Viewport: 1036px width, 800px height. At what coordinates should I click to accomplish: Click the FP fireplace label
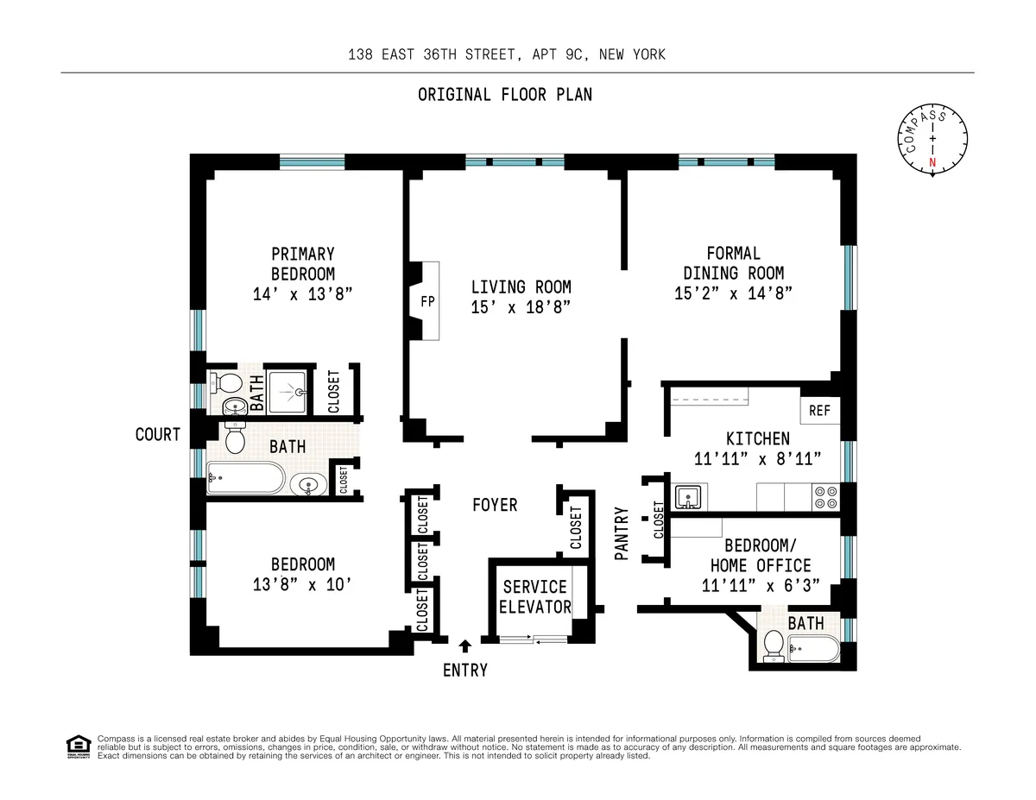tap(427, 302)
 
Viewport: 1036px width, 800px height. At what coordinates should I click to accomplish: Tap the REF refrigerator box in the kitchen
tap(819, 411)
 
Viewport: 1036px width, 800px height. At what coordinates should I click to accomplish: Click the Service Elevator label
tap(535, 596)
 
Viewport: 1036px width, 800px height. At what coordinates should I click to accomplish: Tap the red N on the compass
tap(932, 162)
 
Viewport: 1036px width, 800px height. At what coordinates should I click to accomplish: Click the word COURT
tap(158, 434)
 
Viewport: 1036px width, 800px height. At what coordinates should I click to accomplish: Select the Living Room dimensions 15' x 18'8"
tap(521, 307)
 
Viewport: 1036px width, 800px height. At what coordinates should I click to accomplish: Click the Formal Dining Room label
tap(733, 263)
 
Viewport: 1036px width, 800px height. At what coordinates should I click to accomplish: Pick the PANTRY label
tap(621, 534)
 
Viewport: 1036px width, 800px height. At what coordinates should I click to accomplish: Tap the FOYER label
tap(495, 505)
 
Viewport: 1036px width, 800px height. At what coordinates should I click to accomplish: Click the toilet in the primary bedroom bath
tap(228, 382)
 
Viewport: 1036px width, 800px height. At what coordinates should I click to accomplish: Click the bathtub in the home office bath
tap(813, 649)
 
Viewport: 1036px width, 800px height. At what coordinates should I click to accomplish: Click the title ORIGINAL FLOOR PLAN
tap(505, 95)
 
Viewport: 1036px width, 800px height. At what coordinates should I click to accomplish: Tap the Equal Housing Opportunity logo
tap(78, 746)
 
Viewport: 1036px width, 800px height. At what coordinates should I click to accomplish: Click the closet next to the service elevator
tap(576, 527)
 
